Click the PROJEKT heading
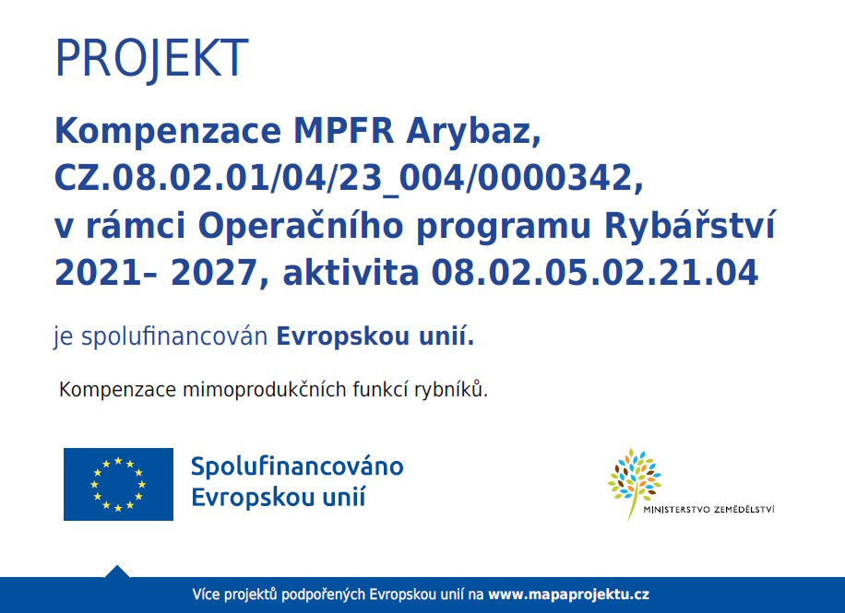coord(151,59)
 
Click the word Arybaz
coord(473,132)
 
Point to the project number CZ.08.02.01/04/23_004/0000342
coord(349,179)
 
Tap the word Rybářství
coord(690,224)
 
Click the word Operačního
coord(300,224)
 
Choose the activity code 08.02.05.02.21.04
coord(595,273)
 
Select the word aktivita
coord(351,273)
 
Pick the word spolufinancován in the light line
coord(174,336)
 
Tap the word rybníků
coord(451,389)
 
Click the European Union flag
coord(119,484)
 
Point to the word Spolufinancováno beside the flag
coord(297,466)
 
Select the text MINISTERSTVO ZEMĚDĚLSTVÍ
coord(708,510)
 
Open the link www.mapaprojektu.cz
coord(568,595)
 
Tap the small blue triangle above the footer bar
coord(117,572)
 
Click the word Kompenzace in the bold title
coord(168,132)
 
